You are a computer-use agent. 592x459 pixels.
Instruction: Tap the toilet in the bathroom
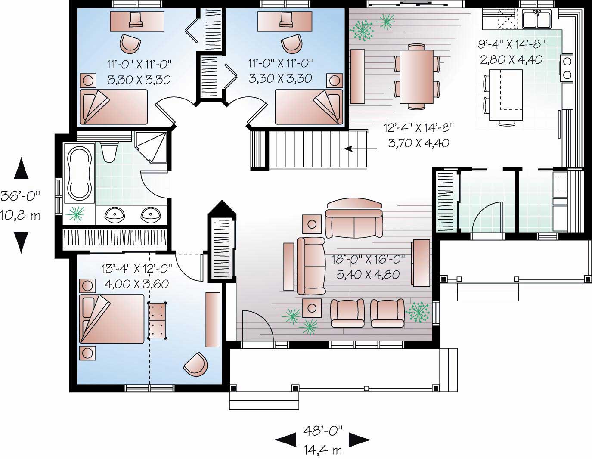pos(108,152)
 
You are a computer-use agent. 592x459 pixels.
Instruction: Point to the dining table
pos(416,77)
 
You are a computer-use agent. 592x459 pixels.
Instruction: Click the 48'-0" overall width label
pos(323,430)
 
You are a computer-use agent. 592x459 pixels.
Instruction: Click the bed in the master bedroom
pos(112,319)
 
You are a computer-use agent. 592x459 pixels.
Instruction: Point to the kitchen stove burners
pos(567,68)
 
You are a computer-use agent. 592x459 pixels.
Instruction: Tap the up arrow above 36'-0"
pos(21,168)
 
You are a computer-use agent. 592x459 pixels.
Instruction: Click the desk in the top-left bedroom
pos(137,21)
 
